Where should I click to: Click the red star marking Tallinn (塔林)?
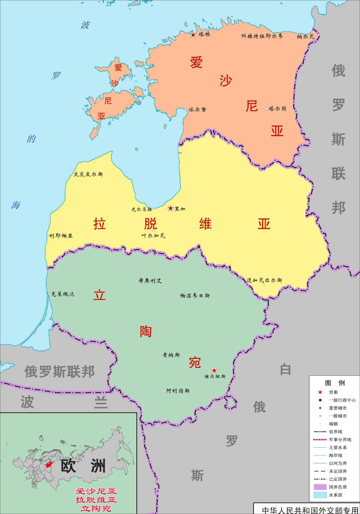pyautogui.click(x=193, y=35)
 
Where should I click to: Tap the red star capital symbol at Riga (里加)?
pyautogui.click(x=170, y=208)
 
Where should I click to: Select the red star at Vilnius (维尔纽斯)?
pyautogui.click(x=213, y=370)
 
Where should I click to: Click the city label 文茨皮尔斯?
pyautogui.click(x=88, y=174)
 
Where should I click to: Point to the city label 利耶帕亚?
pyautogui.click(x=61, y=236)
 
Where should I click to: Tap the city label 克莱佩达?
pyautogui.click(x=62, y=294)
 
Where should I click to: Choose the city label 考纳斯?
pyautogui.click(x=171, y=355)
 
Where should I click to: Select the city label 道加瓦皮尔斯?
pyautogui.click(x=264, y=280)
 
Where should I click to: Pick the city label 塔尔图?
pyautogui.click(x=277, y=108)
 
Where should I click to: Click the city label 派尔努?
pyautogui.click(x=197, y=110)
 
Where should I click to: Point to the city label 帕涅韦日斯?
pyautogui.click(x=194, y=295)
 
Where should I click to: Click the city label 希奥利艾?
pyautogui.click(x=150, y=280)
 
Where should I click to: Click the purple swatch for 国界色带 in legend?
pyautogui.click(x=320, y=486)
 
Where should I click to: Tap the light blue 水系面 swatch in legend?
pyautogui.click(x=320, y=495)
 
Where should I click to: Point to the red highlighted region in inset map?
pyautogui.click(x=50, y=465)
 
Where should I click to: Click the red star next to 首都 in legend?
pyautogui.click(x=320, y=392)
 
